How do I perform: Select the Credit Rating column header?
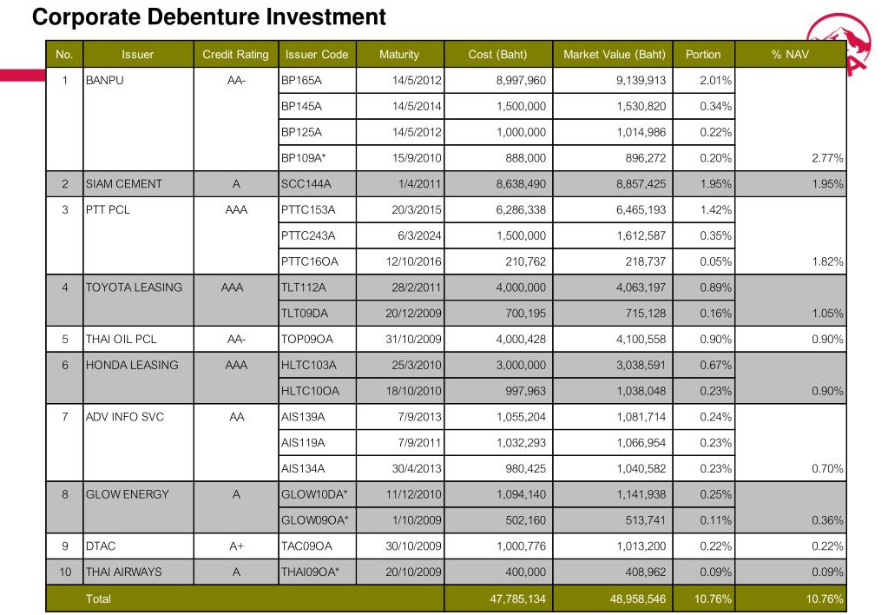pyautogui.click(x=235, y=55)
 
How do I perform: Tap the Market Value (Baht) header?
pyautogui.click(x=615, y=55)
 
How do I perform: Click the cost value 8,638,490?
pyautogui.click(x=520, y=185)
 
